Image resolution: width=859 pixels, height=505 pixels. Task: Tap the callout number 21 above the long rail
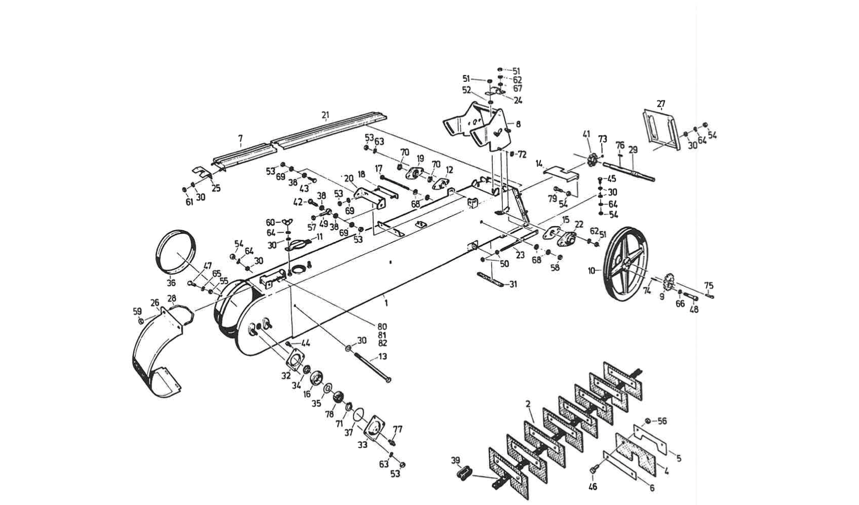pyautogui.click(x=325, y=115)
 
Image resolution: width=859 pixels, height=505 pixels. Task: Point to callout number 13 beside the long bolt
pyautogui.click(x=382, y=357)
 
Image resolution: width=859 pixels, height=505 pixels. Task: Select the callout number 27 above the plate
pyautogui.click(x=661, y=104)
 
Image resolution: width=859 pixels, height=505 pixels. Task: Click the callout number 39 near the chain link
pyautogui.click(x=455, y=460)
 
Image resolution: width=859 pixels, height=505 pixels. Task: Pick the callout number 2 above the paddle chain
pyautogui.click(x=528, y=404)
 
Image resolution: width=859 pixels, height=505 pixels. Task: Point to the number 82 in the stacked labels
pyautogui.click(x=382, y=343)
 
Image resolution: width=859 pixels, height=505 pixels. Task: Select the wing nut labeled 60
pyautogui.click(x=286, y=221)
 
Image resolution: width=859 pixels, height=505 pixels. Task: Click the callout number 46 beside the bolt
pyautogui.click(x=593, y=487)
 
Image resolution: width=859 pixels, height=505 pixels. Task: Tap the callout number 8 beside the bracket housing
pyautogui.click(x=518, y=124)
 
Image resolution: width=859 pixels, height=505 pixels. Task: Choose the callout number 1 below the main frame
pyautogui.click(x=386, y=303)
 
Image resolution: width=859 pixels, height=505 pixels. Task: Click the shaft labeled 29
pyautogui.click(x=629, y=172)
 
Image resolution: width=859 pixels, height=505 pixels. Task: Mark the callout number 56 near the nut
pyautogui.click(x=661, y=421)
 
